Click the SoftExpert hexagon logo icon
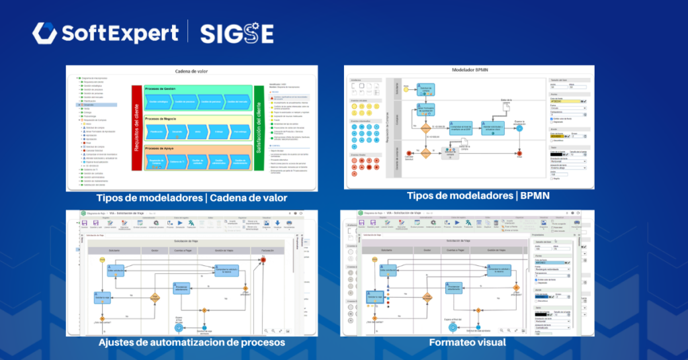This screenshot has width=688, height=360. [44, 33]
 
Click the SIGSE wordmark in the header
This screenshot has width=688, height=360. [236, 33]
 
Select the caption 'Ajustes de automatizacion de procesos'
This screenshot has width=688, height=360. [191, 343]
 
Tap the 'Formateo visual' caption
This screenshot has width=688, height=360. [468, 343]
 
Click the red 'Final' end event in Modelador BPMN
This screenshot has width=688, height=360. [519, 154]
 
